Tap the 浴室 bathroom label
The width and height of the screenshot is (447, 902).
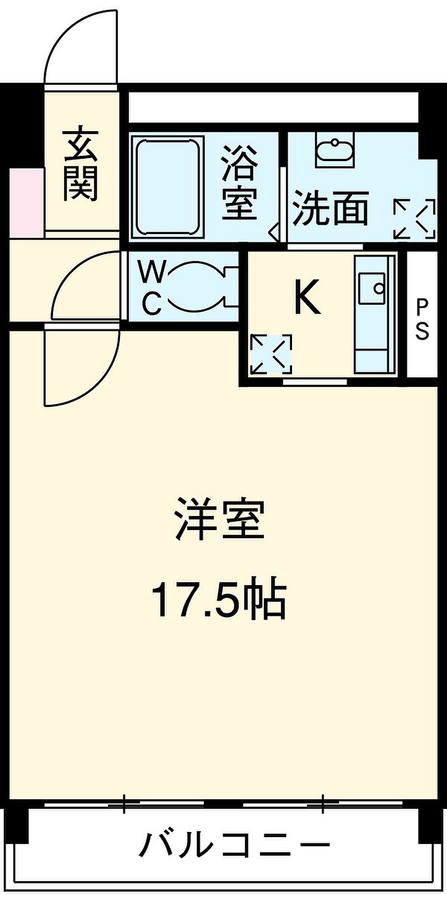click(239, 183)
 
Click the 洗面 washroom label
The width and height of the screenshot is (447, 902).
click(330, 208)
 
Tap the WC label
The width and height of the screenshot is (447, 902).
click(152, 288)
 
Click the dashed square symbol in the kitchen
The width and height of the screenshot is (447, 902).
click(271, 354)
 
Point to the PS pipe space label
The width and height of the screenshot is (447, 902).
click(423, 319)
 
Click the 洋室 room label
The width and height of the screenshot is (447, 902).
click(220, 521)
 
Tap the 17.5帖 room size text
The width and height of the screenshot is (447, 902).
click(218, 600)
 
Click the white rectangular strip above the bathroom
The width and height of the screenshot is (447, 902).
click(273, 107)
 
